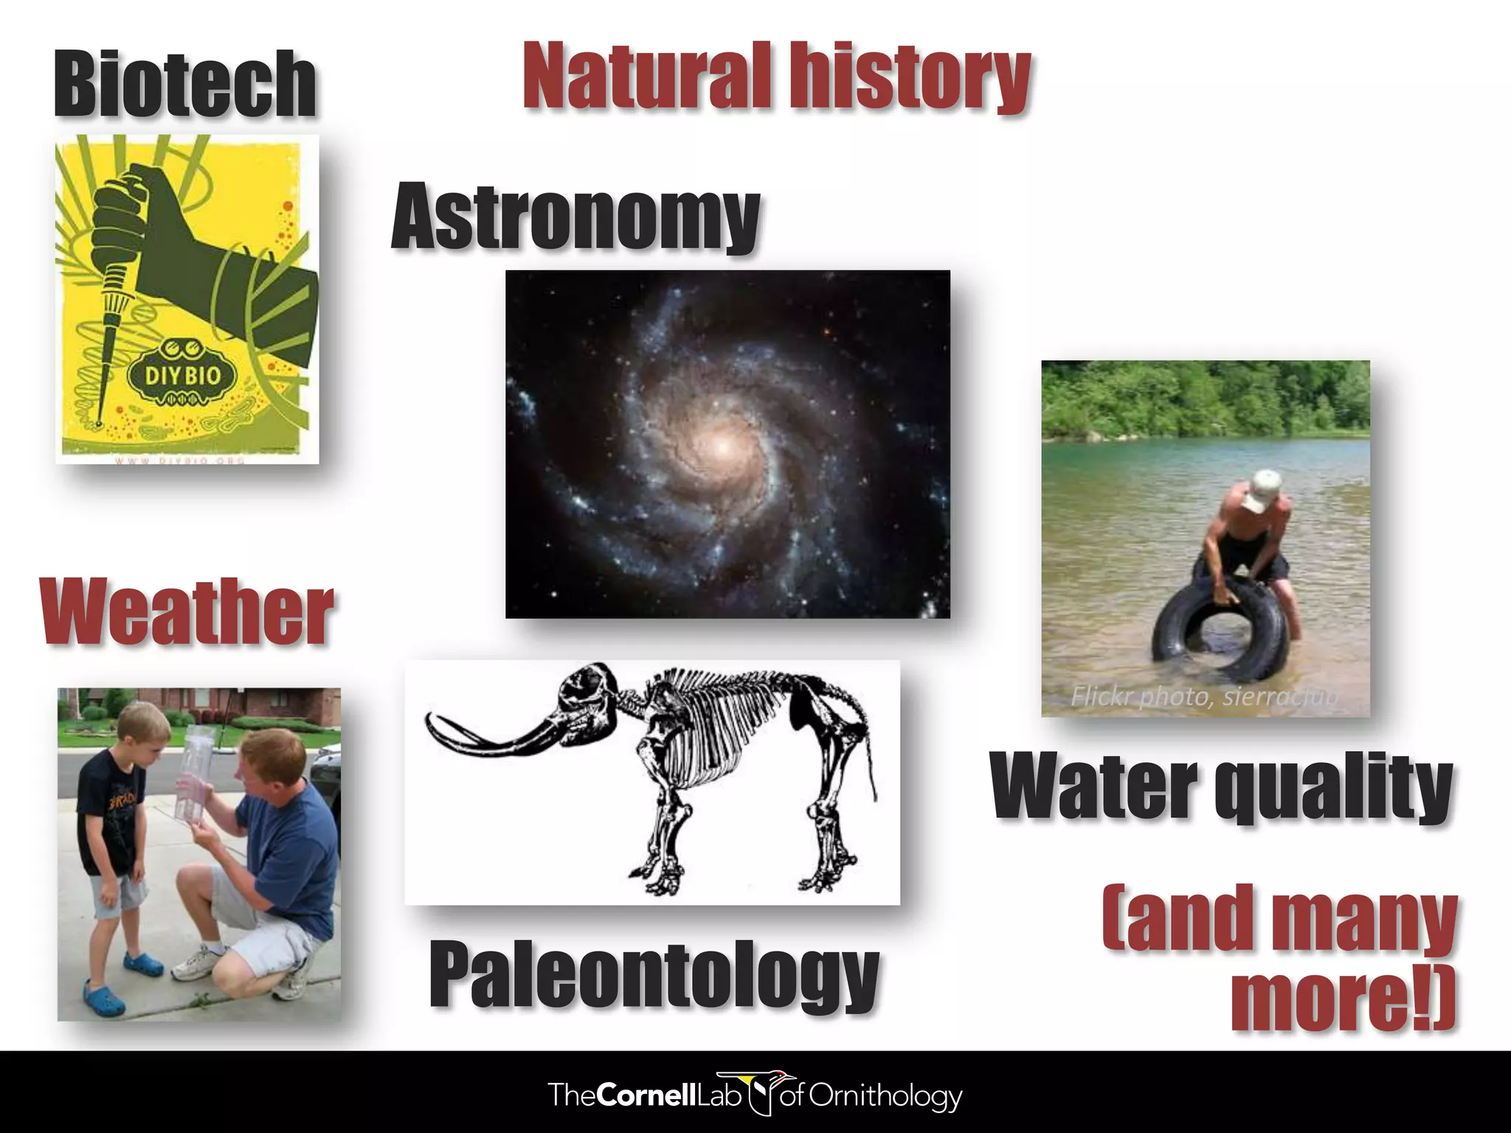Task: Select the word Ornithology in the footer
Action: [885, 1096]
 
